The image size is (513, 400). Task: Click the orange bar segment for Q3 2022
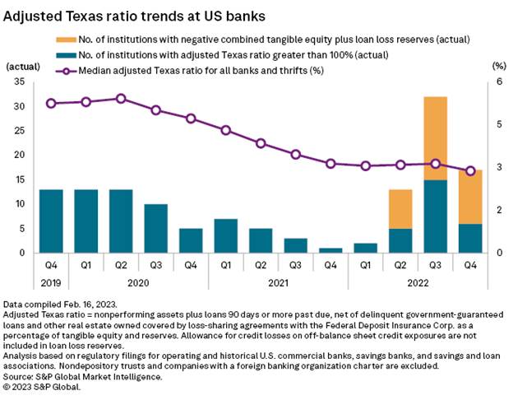(x=436, y=137)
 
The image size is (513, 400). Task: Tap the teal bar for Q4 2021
(x=330, y=249)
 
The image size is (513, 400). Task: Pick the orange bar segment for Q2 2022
(x=400, y=208)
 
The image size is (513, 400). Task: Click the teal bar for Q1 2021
(x=225, y=235)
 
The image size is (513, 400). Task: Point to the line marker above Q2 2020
(x=121, y=98)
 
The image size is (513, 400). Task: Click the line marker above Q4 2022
(x=470, y=170)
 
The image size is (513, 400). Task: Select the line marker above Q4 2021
(x=330, y=163)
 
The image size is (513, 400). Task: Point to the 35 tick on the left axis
(x=20, y=81)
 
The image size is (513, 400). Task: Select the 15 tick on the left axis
(x=20, y=179)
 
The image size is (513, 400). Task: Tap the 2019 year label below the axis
(x=51, y=281)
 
